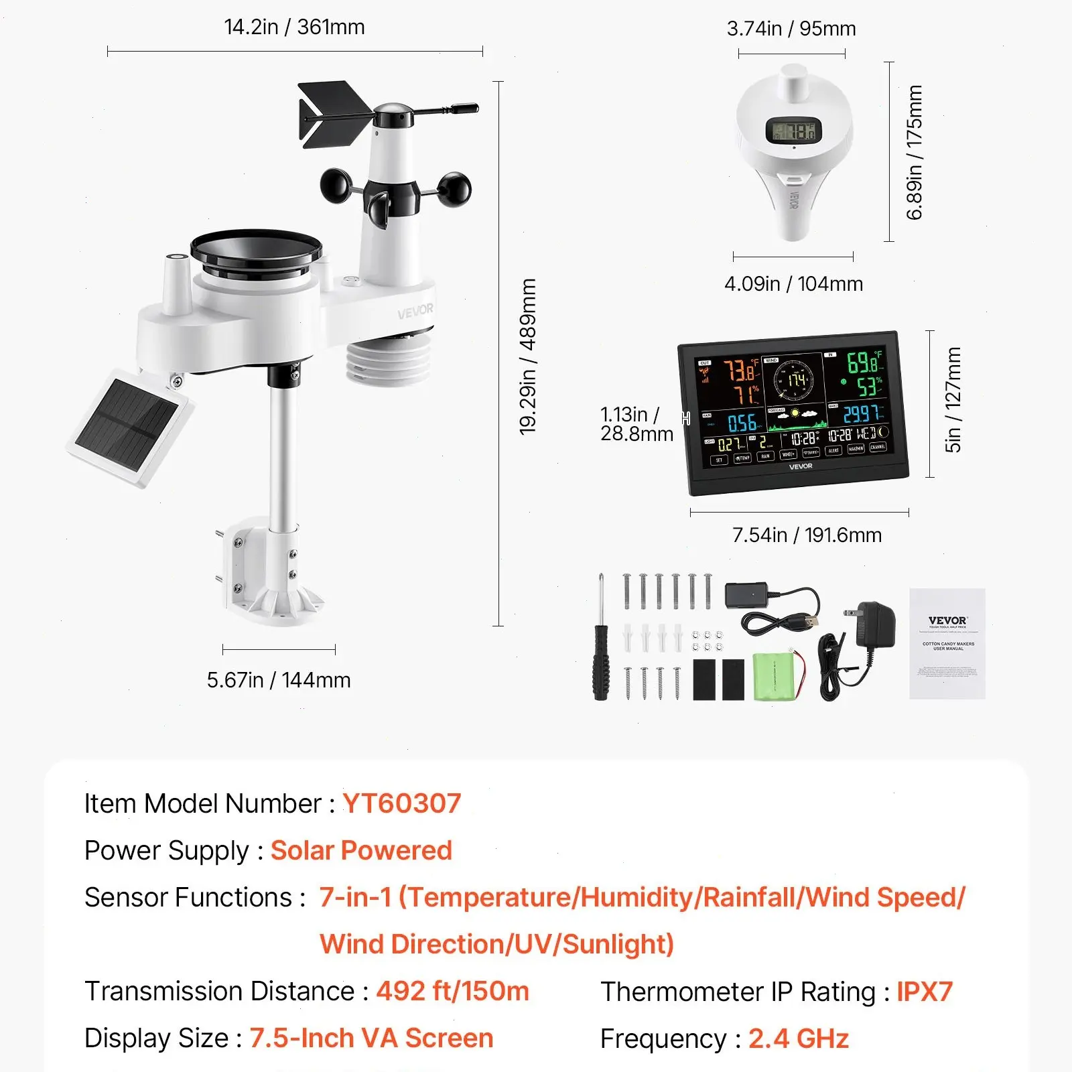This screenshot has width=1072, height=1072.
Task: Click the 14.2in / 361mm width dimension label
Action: tap(294, 27)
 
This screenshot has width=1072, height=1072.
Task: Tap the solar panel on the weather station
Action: tap(129, 427)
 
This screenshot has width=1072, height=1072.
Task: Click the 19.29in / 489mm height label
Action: tap(528, 356)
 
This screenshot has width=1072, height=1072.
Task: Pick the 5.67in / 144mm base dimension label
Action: tap(279, 680)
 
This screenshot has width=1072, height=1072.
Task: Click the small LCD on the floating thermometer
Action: tap(793, 131)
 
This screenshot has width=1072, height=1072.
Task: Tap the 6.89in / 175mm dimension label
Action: tap(914, 152)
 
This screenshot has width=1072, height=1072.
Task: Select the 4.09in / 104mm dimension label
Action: tap(793, 284)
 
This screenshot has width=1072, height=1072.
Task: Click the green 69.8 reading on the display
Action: tap(863, 362)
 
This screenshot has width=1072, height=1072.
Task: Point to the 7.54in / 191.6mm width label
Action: tap(807, 535)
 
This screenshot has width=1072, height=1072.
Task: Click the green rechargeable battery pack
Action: tap(775, 677)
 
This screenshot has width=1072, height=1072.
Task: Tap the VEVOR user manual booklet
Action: tap(947, 644)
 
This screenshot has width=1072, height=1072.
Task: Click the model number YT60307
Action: tap(401, 803)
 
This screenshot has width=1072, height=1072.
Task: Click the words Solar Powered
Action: tap(361, 850)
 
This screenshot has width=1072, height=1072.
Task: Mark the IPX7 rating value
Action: tap(924, 992)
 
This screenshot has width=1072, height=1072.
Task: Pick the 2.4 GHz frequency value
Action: tap(798, 1038)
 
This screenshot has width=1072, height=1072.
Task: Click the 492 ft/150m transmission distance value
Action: tap(452, 991)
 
